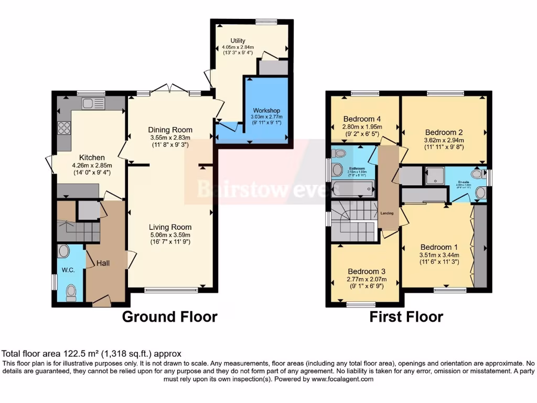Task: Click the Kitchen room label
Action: pyautogui.click(x=92, y=157)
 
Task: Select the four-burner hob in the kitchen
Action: pyautogui.click(x=64, y=128)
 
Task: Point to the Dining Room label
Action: pyautogui.click(x=170, y=130)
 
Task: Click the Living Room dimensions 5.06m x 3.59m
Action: pyautogui.click(x=170, y=235)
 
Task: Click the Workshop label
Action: pyautogui.click(x=266, y=111)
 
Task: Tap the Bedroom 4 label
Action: pyautogui.click(x=362, y=118)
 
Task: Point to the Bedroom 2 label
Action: pyautogui.click(x=444, y=132)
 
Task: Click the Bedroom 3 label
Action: pyautogui.click(x=367, y=271)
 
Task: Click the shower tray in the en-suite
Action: pyautogui.click(x=434, y=176)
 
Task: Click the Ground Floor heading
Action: pyautogui.click(x=169, y=317)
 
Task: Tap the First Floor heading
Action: pyautogui.click(x=406, y=317)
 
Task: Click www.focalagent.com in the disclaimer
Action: pyautogui.click(x=342, y=379)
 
